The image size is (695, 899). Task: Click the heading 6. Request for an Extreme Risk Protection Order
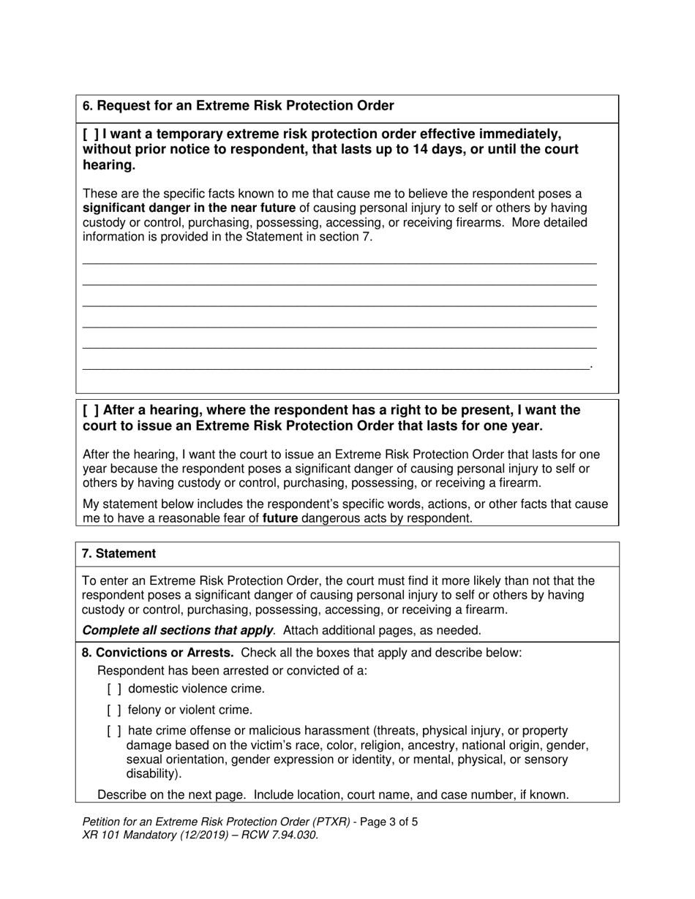tap(238, 106)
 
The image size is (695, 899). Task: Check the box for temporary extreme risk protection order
tap(91, 134)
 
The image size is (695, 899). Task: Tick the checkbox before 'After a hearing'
tap(91, 411)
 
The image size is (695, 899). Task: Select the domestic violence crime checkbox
tap(114, 689)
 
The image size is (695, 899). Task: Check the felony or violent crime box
tap(114, 710)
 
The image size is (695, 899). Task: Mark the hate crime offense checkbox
tap(114, 731)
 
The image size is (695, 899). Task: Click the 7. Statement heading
tap(119, 554)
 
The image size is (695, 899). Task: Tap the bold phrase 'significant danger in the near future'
tap(190, 208)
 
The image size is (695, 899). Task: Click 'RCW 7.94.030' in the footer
tap(281, 835)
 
